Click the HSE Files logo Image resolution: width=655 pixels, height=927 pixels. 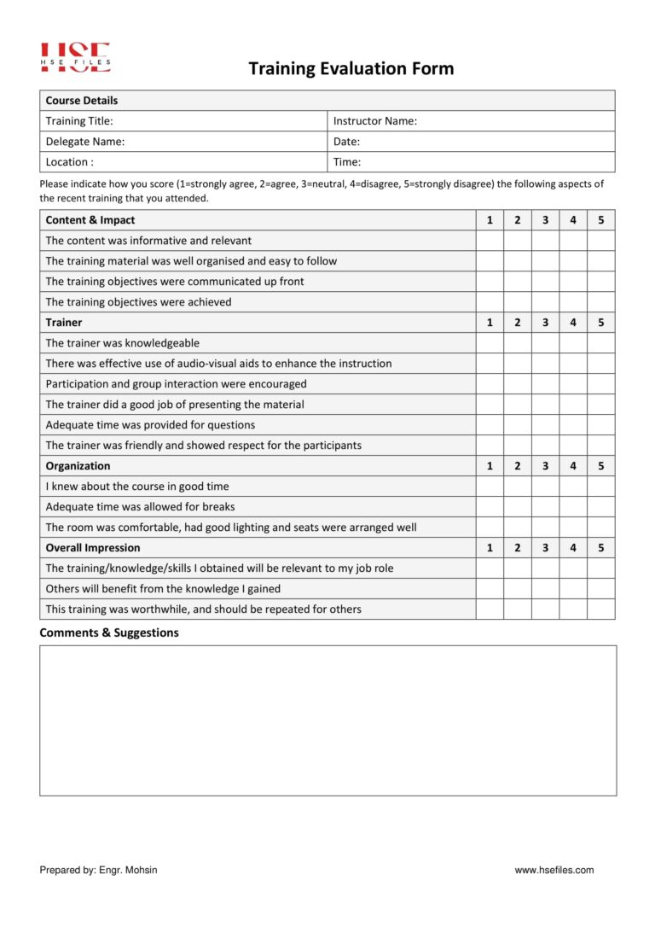tap(75, 57)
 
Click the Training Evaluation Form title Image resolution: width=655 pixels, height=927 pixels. tap(351, 69)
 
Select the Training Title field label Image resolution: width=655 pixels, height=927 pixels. tap(79, 121)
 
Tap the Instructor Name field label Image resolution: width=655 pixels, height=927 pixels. tap(374, 121)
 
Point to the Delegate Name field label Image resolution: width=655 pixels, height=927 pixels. tap(84, 142)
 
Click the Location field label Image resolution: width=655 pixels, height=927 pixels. tap(69, 162)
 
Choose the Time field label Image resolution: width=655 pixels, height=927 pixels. tap(346, 162)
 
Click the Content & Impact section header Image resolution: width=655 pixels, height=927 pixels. tap(90, 220)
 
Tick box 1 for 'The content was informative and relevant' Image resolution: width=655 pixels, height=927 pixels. tap(489, 241)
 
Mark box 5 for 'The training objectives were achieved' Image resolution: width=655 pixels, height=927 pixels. tap(600, 302)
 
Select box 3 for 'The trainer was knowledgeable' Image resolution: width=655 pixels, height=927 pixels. tap(545, 343)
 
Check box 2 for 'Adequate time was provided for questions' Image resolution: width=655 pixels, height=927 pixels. tap(517, 425)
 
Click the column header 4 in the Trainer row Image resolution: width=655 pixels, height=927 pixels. tap(573, 323)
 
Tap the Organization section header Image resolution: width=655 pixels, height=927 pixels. tap(78, 466)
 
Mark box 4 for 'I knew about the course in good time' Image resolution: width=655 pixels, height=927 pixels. tap(573, 487)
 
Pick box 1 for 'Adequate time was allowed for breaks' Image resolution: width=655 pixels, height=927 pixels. tap(489, 507)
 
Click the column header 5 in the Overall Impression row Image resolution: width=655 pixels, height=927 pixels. tap(600, 548)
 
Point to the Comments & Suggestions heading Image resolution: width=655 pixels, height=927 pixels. tap(109, 633)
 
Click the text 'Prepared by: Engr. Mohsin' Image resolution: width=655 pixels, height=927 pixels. tap(98, 870)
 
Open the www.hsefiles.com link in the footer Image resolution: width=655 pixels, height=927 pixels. tap(554, 870)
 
